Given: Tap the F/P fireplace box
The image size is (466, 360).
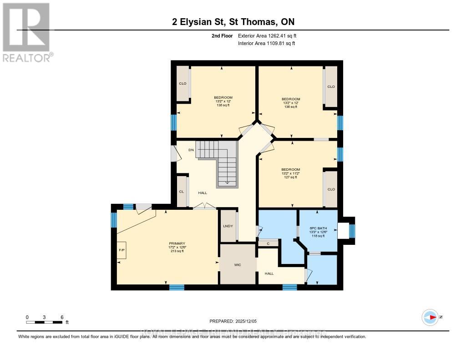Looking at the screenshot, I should click(122, 250).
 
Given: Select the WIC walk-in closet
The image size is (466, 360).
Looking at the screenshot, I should click(237, 264).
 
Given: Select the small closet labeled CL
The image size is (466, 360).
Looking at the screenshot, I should click(182, 192).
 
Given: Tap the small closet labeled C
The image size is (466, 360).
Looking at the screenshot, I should click(268, 243).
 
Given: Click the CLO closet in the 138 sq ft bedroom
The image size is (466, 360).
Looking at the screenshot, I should click(183, 84).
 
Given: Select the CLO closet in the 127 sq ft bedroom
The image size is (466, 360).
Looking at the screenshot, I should click(331, 189).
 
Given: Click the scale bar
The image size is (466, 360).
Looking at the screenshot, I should click(44, 322).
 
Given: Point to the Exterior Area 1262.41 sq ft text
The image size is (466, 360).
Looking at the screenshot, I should click(267, 35).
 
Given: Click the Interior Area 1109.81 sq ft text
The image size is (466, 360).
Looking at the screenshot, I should click(266, 43).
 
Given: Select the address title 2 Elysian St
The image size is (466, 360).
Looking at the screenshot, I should click(233, 22).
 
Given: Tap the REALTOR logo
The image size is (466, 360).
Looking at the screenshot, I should click(26, 32).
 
